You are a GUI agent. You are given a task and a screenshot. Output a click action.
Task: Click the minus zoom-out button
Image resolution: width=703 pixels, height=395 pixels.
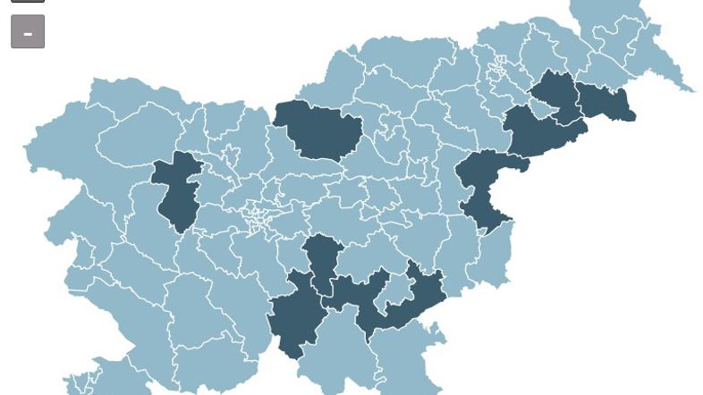pos(28,32)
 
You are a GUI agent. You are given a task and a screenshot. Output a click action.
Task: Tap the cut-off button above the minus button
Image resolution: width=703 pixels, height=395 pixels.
pos(28,1)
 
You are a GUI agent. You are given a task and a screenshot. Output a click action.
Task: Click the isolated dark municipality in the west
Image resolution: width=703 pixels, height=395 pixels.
pos(178,189)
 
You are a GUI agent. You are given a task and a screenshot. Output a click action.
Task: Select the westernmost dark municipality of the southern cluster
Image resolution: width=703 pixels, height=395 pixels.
pos(296,317)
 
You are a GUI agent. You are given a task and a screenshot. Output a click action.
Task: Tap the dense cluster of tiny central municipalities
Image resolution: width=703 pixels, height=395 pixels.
pos(259,214)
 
